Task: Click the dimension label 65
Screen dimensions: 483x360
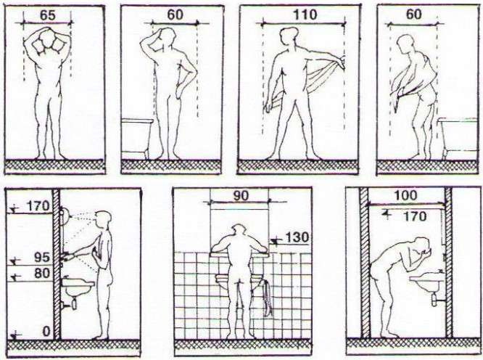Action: [x=48, y=15]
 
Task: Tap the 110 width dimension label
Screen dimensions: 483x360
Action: [x=305, y=15]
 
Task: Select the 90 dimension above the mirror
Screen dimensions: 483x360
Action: [x=241, y=196]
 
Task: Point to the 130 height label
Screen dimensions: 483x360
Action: [x=297, y=237]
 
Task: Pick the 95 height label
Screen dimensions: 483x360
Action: [x=43, y=258]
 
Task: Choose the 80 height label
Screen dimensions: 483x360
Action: [x=42, y=274]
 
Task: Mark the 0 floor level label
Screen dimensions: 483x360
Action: [x=46, y=332]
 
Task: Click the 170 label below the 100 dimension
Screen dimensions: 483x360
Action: [x=415, y=216]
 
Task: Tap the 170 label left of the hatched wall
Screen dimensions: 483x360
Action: [x=38, y=206]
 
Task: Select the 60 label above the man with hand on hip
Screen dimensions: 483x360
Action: [x=175, y=15]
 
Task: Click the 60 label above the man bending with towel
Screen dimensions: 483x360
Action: [x=413, y=15]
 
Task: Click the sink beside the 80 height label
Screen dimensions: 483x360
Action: [x=78, y=287]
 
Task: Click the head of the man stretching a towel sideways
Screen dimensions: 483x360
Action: [x=287, y=36]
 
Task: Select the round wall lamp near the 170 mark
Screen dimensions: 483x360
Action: [x=65, y=213]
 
